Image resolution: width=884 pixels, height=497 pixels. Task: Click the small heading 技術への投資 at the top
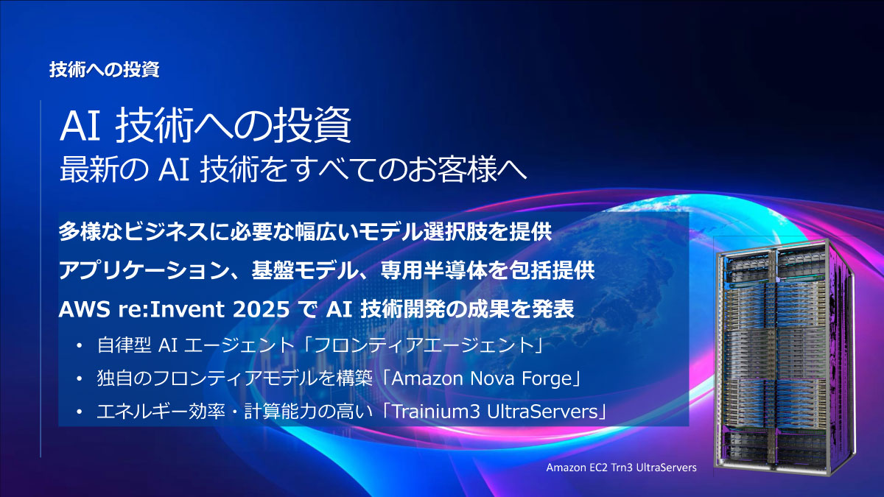(104, 70)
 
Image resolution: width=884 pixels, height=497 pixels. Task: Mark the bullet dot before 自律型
(79, 345)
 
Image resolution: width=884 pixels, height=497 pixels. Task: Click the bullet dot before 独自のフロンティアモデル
(79, 379)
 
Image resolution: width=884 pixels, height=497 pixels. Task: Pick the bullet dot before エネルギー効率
(79, 413)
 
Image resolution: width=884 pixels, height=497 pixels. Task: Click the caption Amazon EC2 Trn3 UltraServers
(620, 468)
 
